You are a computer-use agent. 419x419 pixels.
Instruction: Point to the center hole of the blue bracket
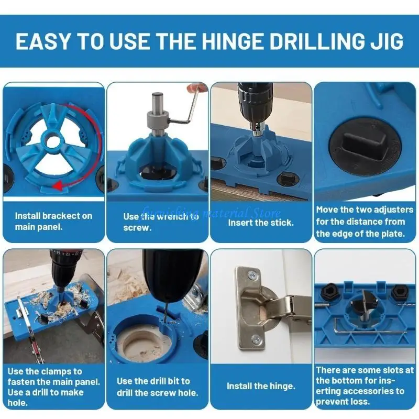click(x=52, y=141)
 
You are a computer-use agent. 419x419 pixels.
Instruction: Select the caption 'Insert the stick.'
click(x=261, y=222)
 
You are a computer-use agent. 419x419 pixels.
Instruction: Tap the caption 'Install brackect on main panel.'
click(x=53, y=221)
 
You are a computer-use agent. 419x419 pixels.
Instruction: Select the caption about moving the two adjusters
click(x=365, y=222)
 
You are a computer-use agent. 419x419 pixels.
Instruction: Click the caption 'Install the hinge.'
click(x=261, y=386)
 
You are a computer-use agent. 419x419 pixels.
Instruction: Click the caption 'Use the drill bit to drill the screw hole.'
click(x=157, y=387)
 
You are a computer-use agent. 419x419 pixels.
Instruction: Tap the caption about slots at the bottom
click(x=365, y=386)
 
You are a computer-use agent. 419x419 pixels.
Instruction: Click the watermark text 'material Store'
click(x=246, y=213)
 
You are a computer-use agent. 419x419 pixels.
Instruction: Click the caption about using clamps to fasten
click(x=53, y=387)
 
